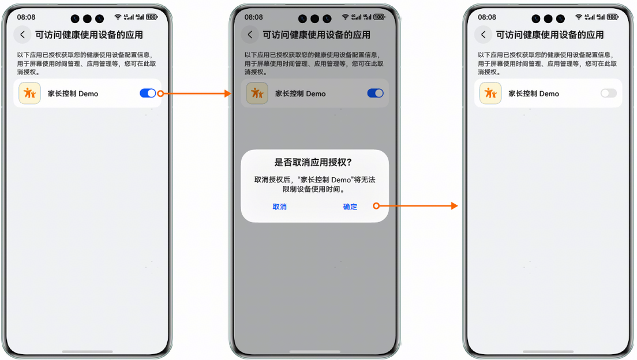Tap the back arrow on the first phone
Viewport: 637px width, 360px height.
[x=23, y=35]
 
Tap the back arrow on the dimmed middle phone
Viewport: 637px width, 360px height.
[x=250, y=35]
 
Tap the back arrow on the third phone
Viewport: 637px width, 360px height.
[x=483, y=35]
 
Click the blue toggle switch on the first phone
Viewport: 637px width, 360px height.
[x=148, y=93]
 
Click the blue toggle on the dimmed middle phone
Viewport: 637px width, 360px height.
[x=376, y=93]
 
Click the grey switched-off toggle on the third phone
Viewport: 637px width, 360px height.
[x=609, y=93]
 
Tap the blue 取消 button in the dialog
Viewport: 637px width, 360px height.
[x=279, y=207]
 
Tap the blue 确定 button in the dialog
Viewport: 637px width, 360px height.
[x=350, y=207]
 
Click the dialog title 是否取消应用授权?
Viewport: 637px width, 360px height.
[x=313, y=163]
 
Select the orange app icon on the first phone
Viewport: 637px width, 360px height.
[x=29, y=93]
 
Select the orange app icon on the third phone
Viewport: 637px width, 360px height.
[x=490, y=93]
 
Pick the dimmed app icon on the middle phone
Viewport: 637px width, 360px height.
[x=257, y=93]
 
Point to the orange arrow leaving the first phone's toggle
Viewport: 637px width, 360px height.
[x=194, y=93]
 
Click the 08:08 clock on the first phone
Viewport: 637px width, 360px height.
[x=26, y=17]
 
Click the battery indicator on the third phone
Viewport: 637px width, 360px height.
[x=613, y=17]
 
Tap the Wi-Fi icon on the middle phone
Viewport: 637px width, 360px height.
[x=345, y=17]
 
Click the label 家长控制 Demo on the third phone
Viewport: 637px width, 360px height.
[x=534, y=94]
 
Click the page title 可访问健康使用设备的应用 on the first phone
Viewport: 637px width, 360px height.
[x=89, y=35]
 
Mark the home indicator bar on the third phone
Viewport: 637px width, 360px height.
[x=548, y=351]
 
